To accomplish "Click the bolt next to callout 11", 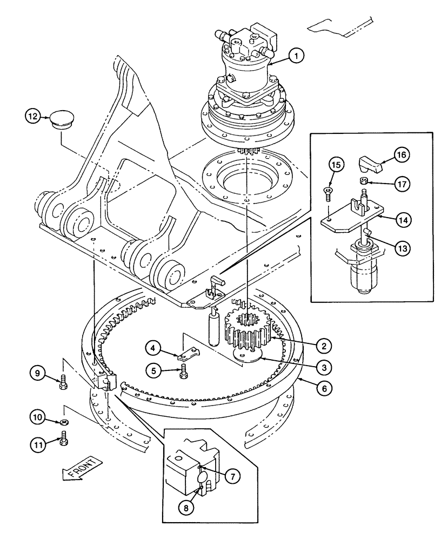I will pyautogui.click(x=65, y=439).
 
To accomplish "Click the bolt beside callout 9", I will pyautogui.click(x=63, y=383).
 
